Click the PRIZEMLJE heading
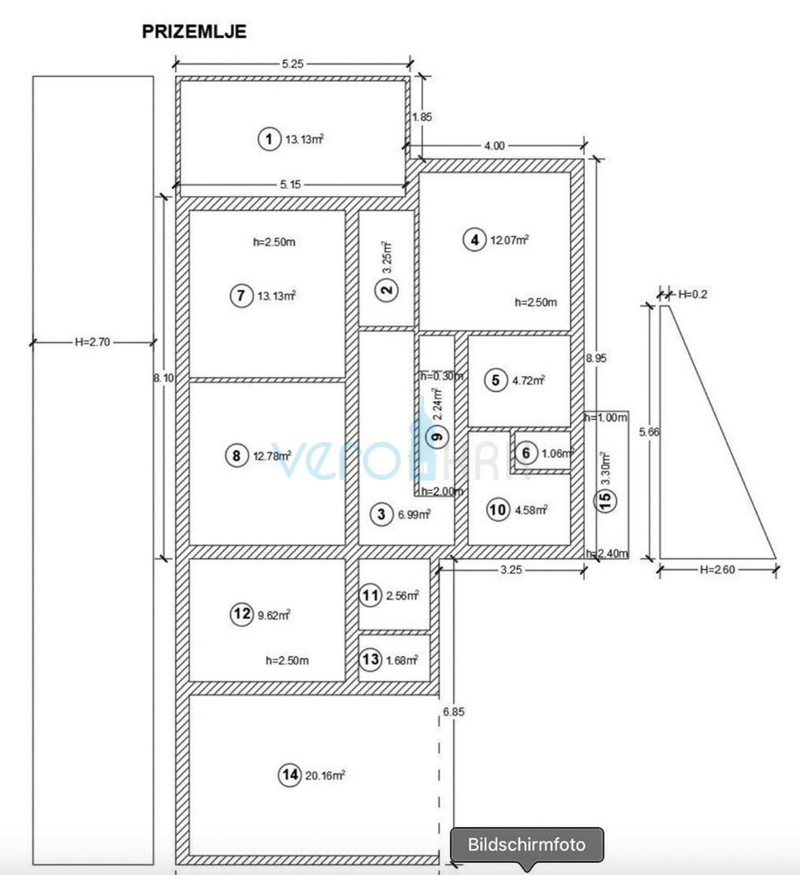point(194,32)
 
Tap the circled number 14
point(289,775)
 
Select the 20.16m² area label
point(325,775)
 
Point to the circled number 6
point(526,453)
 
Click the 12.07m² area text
point(510,240)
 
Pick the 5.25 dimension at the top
point(292,64)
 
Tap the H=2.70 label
point(91,342)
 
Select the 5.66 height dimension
point(649,432)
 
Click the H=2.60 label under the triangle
point(717,570)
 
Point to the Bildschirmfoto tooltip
point(526,844)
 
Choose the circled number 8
point(236,455)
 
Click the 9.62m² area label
point(274,615)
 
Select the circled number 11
point(371,596)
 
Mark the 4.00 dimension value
point(494,146)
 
